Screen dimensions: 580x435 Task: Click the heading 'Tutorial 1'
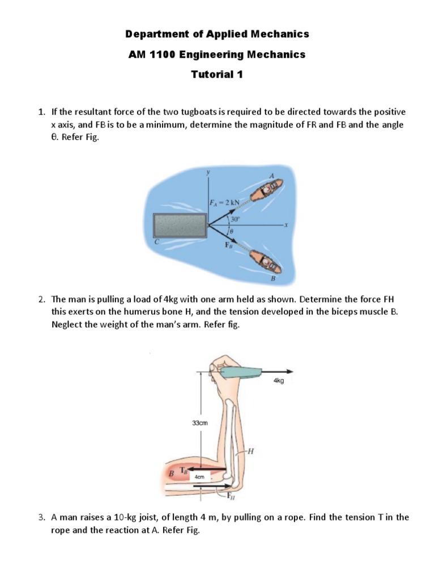point(217,75)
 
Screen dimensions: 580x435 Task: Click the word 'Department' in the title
point(153,34)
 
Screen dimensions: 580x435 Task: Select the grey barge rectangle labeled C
point(180,225)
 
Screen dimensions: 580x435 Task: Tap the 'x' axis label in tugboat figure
point(287,225)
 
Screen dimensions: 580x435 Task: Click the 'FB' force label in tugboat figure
point(229,246)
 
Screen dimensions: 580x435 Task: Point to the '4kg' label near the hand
point(278,381)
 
